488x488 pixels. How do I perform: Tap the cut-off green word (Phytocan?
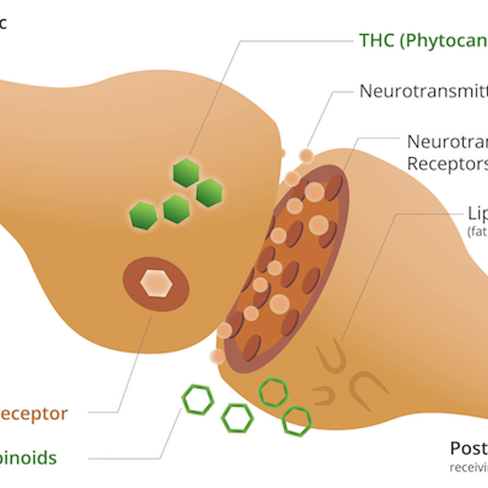pos(443,40)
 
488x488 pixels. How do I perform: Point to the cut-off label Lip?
pos(477,214)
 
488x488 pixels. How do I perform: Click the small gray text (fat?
pos(477,232)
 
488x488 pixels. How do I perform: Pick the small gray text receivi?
pos(469,468)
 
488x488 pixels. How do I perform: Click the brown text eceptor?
pos(33,414)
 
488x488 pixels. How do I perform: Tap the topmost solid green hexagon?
pos(186,173)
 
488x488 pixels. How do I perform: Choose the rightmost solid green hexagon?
pos(210,192)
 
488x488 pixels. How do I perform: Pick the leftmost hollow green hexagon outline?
pos(198,400)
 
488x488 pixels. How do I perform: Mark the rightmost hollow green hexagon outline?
pos(297,421)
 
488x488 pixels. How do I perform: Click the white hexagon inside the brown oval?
pos(156,283)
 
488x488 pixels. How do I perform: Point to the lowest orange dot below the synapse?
pos(216,356)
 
